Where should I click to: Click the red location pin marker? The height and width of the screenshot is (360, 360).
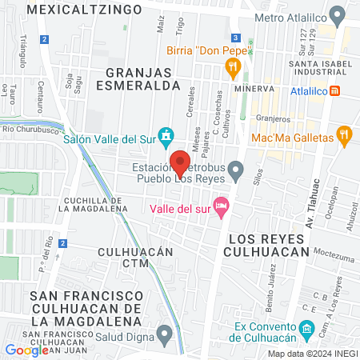point(181,162)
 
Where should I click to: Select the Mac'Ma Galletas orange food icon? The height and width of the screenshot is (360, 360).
point(345,138)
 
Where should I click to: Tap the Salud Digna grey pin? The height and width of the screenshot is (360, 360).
point(165,334)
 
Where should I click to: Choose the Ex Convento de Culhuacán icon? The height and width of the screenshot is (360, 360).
point(306,329)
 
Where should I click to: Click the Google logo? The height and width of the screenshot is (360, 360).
point(26,350)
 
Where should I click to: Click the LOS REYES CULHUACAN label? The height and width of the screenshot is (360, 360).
point(268,245)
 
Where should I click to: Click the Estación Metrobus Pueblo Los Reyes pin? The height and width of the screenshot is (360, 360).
point(235,169)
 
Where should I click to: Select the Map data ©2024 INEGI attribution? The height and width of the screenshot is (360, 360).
point(312,354)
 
